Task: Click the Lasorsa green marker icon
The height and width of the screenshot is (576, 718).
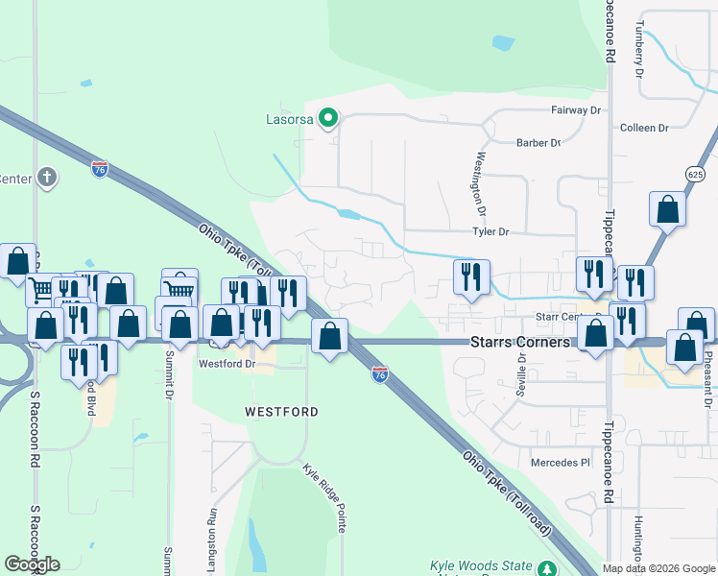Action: pos(327,119)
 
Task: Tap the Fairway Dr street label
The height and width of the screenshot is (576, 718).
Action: pos(575,110)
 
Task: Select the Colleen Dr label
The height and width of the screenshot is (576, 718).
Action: pos(644,128)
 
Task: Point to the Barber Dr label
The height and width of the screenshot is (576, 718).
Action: pos(538,143)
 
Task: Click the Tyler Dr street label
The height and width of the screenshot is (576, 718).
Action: pos(490,232)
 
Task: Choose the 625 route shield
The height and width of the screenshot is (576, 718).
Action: pos(696,174)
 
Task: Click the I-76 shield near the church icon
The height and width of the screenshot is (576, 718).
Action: pos(100,170)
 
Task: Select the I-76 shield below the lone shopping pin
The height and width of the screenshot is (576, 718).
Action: pos(380,374)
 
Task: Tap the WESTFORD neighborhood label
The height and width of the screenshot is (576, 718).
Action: pos(281,411)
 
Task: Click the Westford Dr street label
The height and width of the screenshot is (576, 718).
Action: pos(227,364)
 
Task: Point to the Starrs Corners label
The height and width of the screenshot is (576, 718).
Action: pos(519,342)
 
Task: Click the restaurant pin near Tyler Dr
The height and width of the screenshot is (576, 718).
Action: pos(471,277)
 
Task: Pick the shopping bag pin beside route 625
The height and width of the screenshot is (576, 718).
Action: pos(667,209)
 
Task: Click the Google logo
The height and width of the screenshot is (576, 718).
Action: pos(32,564)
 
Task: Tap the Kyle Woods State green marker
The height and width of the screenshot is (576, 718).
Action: pos(546,568)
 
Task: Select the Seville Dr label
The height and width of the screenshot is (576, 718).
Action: pos(522,371)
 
